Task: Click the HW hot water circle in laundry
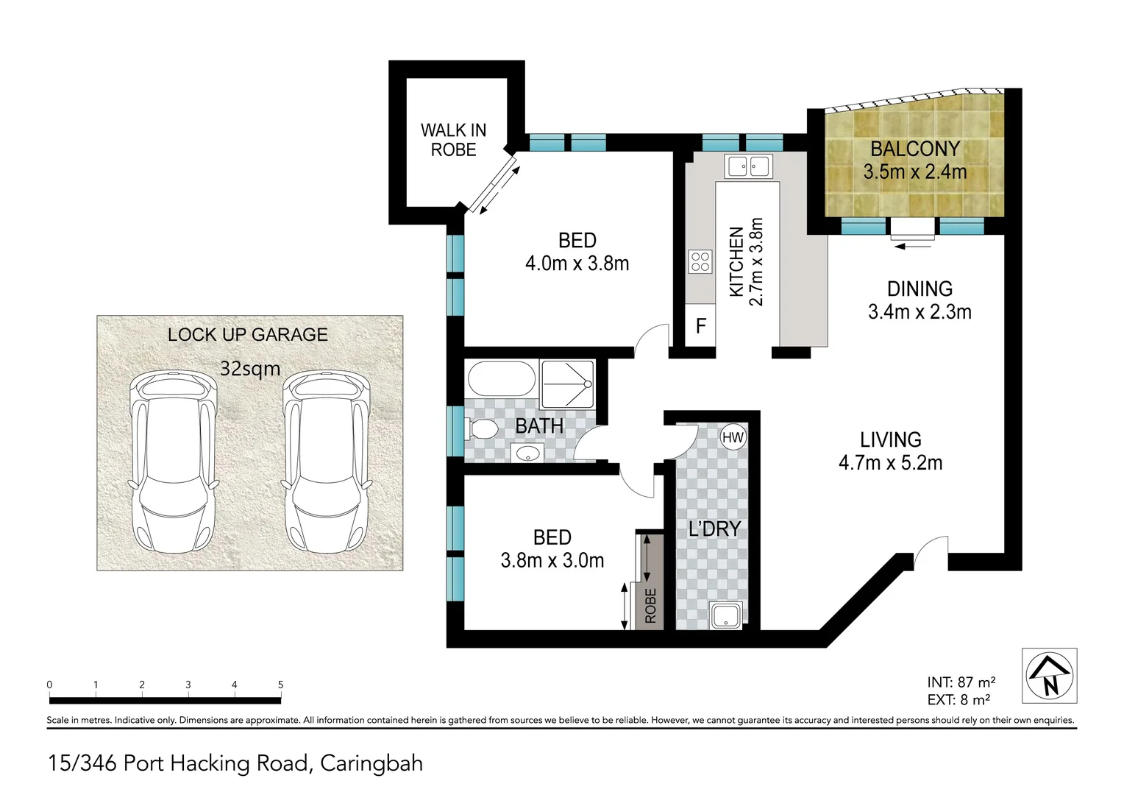[733, 437]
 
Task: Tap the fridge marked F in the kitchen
[700, 325]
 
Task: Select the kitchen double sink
[748, 166]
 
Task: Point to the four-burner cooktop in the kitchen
[700, 261]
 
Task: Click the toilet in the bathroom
[483, 428]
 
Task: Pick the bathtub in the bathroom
[501, 378]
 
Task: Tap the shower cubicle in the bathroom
[568, 384]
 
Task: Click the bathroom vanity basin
[527, 453]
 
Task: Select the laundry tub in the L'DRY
[725, 616]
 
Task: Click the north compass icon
[1050, 676]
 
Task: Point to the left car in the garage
[174, 465]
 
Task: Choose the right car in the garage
[326, 465]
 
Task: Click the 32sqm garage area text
[250, 369]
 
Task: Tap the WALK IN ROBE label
[454, 140]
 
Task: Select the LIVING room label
[891, 440]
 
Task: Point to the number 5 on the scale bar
[280, 685]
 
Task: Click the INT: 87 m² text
[961, 682]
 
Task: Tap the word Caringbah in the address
[371, 764]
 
